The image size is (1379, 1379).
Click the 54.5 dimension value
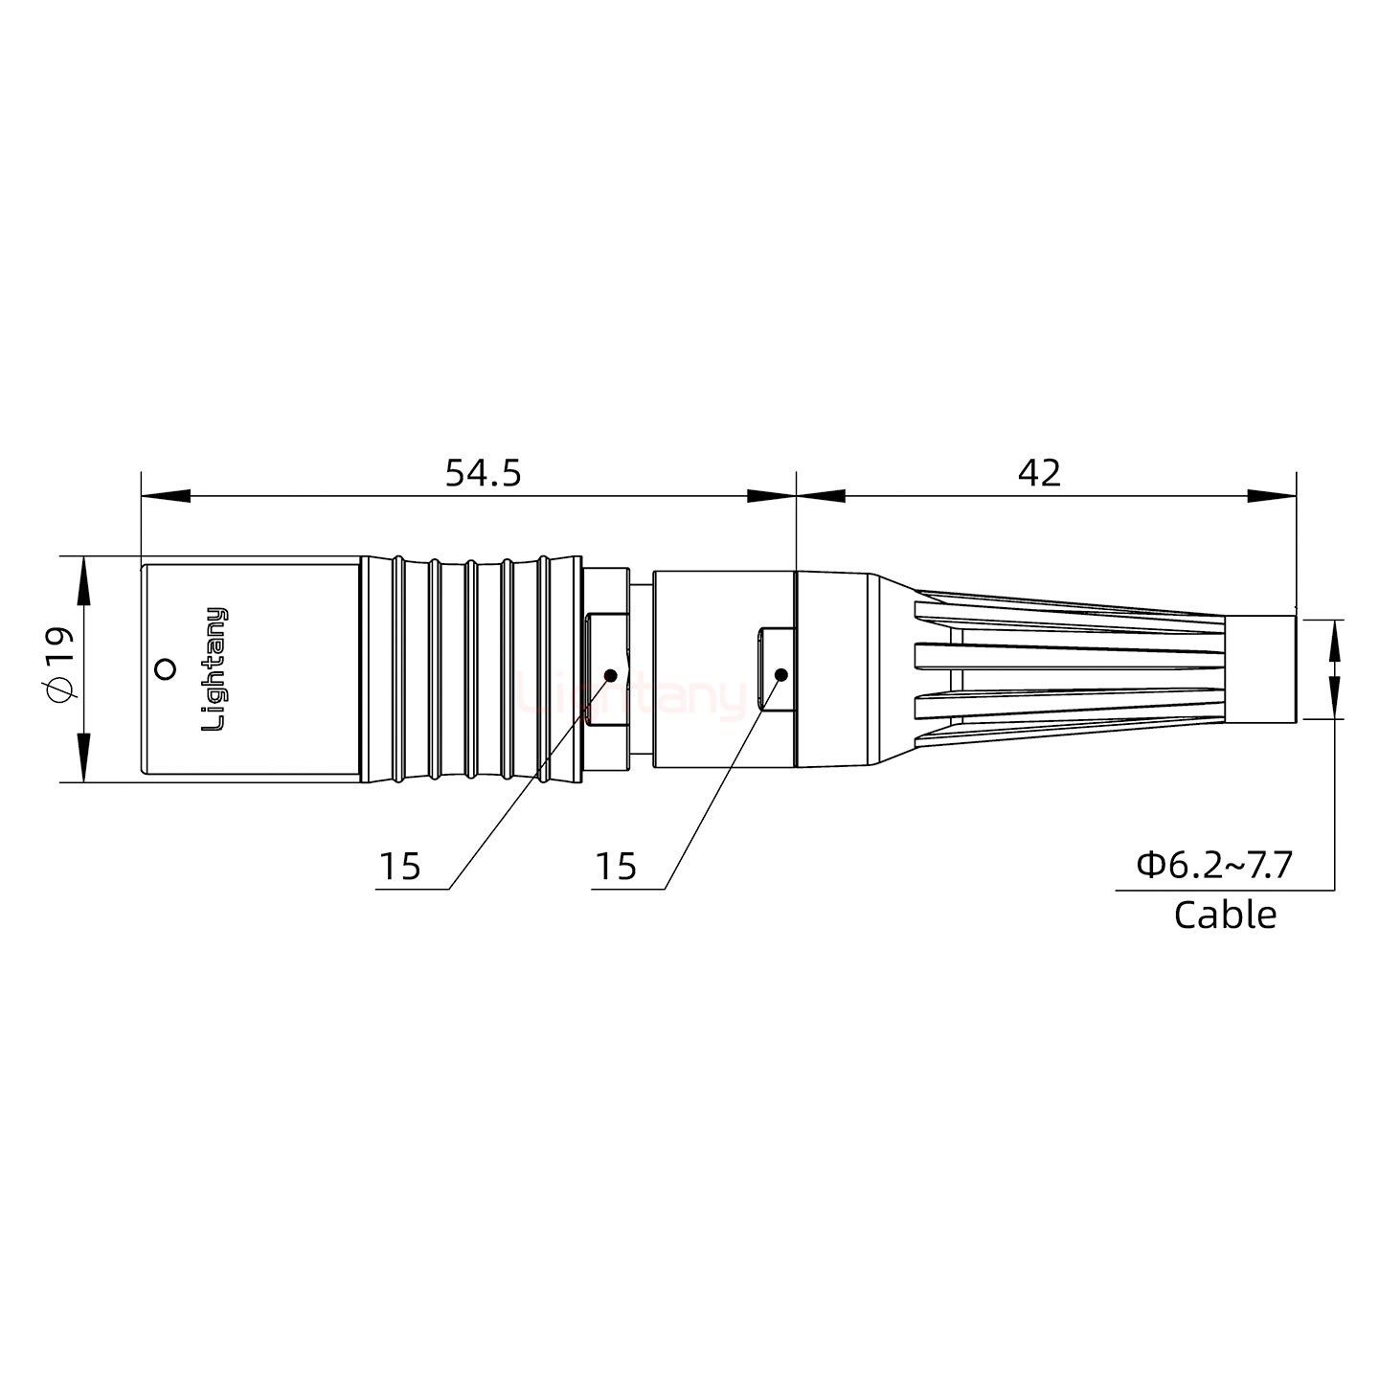(x=483, y=473)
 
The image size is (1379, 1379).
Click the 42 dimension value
(x=1039, y=473)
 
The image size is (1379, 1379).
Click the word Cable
(x=1225, y=915)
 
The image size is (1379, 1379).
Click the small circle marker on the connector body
(x=166, y=668)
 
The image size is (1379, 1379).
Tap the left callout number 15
(x=399, y=867)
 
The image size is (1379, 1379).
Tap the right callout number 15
(x=615, y=867)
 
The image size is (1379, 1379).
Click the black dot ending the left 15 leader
(x=609, y=675)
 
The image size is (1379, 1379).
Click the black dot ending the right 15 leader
(x=780, y=675)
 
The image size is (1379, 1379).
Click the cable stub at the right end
(x=1261, y=668)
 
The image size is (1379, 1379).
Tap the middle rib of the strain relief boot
(x=1068, y=656)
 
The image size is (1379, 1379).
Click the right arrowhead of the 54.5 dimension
(x=771, y=496)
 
